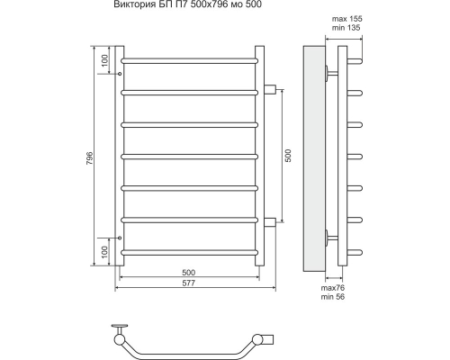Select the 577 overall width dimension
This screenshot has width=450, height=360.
[x=189, y=283]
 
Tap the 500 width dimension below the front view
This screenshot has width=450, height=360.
[x=189, y=273]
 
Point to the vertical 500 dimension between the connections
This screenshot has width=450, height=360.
[x=288, y=156]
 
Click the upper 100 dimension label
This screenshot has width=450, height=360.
[x=104, y=60]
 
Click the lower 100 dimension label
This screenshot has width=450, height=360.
[x=104, y=252]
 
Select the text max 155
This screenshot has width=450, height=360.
[x=346, y=19]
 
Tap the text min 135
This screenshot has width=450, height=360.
[x=346, y=28]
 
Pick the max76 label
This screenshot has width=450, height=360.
[x=333, y=288]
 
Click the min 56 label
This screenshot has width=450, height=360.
[x=333, y=297]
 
